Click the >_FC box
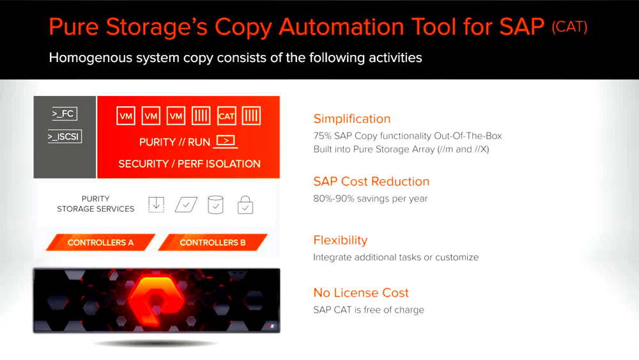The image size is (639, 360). click(x=64, y=114)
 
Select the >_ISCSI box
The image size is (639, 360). click(x=65, y=136)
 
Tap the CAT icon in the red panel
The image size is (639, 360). click(x=226, y=116)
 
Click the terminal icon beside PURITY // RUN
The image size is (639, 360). click(x=226, y=141)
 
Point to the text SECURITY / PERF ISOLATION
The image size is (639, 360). click(x=189, y=164)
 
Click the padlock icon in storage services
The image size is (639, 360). click(x=245, y=205)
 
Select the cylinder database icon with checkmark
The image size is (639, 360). click(x=216, y=205)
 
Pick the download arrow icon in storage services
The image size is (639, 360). click(x=157, y=205)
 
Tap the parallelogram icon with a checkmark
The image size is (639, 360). click(x=186, y=205)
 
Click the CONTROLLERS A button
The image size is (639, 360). click(x=100, y=242)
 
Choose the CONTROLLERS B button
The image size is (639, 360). click(x=212, y=242)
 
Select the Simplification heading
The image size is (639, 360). click(x=351, y=119)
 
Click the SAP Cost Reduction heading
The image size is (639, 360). click(x=371, y=182)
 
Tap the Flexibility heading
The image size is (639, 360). click(x=340, y=240)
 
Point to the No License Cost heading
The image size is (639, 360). click(x=360, y=293)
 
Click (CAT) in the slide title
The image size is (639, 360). click(x=569, y=27)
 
